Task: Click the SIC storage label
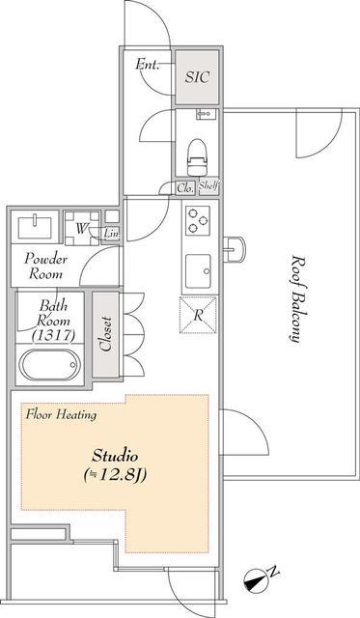pos(197,77)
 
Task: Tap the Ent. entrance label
pos(148,65)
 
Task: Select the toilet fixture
pos(197,157)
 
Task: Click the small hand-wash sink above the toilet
pos(206,114)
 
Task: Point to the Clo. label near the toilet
pos(185,188)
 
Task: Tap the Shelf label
pos(208,185)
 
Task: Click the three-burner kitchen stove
pos(197,221)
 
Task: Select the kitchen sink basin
pos(198,271)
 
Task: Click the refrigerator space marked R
pos(198,315)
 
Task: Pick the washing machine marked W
pos(82,228)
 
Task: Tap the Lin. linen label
pos(111,234)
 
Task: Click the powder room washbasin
pos(35,227)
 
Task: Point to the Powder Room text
pos(45,267)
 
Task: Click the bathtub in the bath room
pos(50,364)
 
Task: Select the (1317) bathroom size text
pos(54,335)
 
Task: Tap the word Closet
pos(106,333)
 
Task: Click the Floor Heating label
pos(61,414)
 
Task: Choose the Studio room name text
pos(115,456)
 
